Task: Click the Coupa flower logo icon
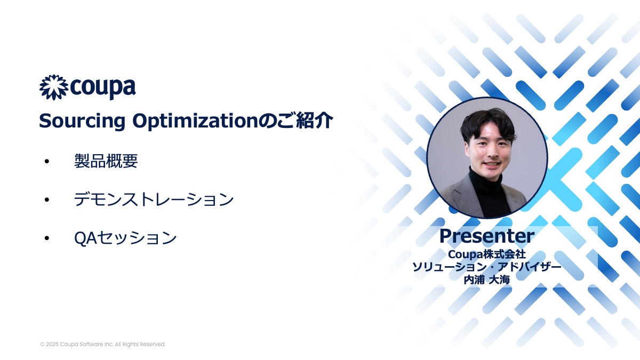[54, 87]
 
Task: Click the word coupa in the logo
[102, 87]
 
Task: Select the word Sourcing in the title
[82, 121]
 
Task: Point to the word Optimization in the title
[195, 121]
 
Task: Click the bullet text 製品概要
[106, 161]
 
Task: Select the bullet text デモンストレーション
[154, 199]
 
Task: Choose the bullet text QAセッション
[125, 238]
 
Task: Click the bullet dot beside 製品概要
[47, 162]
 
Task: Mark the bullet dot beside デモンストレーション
[47, 199]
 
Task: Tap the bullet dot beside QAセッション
[47, 238]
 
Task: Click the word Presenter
[487, 236]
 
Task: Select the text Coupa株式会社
[487, 254]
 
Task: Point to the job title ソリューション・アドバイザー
[487, 267]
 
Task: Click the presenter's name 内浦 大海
[487, 279]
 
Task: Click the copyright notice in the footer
[103, 345]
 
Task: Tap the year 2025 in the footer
[52, 345]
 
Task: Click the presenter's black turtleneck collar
[486, 178]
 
